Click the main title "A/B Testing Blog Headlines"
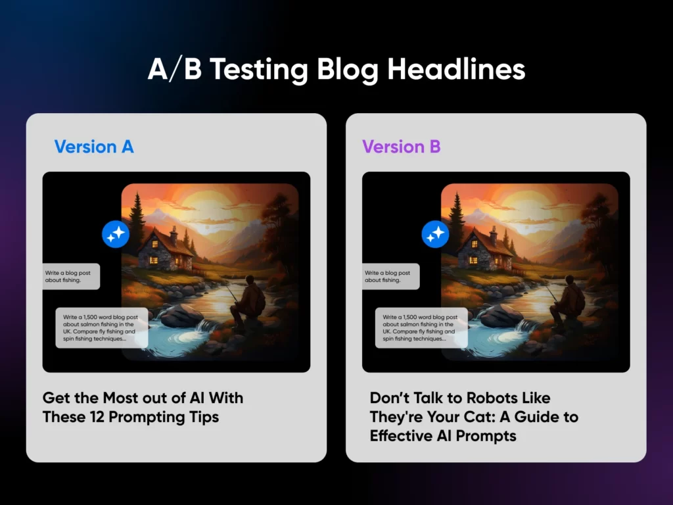(336, 70)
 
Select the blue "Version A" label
(94, 147)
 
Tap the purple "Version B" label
(402, 147)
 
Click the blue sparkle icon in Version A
(116, 234)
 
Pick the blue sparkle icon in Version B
(435, 234)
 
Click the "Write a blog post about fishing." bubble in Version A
(71, 276)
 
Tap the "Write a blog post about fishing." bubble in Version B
(391, 276)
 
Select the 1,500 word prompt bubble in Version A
(102, 327)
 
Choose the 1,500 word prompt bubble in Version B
(421, 327)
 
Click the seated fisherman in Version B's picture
(568, 301)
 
